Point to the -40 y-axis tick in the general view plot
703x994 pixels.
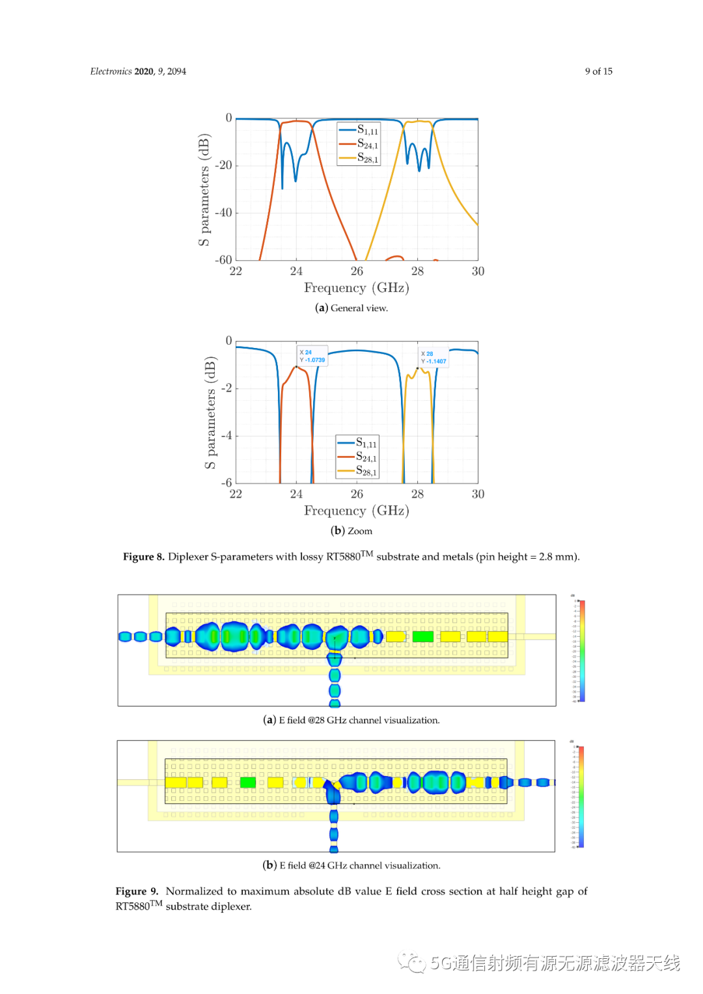[224, 213]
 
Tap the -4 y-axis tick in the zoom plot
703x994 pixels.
[226, 436]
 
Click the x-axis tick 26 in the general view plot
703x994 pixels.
[357, 271]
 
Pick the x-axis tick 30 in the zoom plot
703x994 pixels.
[478, 494]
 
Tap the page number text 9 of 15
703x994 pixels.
[598, 72]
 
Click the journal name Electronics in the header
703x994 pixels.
[111, 72]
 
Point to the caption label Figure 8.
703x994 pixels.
[143, 557]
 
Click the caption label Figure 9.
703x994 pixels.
[137, 891]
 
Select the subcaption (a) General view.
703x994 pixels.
[351, 308]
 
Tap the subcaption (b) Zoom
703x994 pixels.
[351, 531]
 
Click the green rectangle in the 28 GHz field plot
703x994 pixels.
[422, 636]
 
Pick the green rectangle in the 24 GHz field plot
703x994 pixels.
[247, 782]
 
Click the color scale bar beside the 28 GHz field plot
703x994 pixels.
[582, 651]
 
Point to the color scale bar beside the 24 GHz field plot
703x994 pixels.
[581, 796]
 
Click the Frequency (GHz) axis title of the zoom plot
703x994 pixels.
[356, 511]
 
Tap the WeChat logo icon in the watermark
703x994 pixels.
[412, 963]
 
